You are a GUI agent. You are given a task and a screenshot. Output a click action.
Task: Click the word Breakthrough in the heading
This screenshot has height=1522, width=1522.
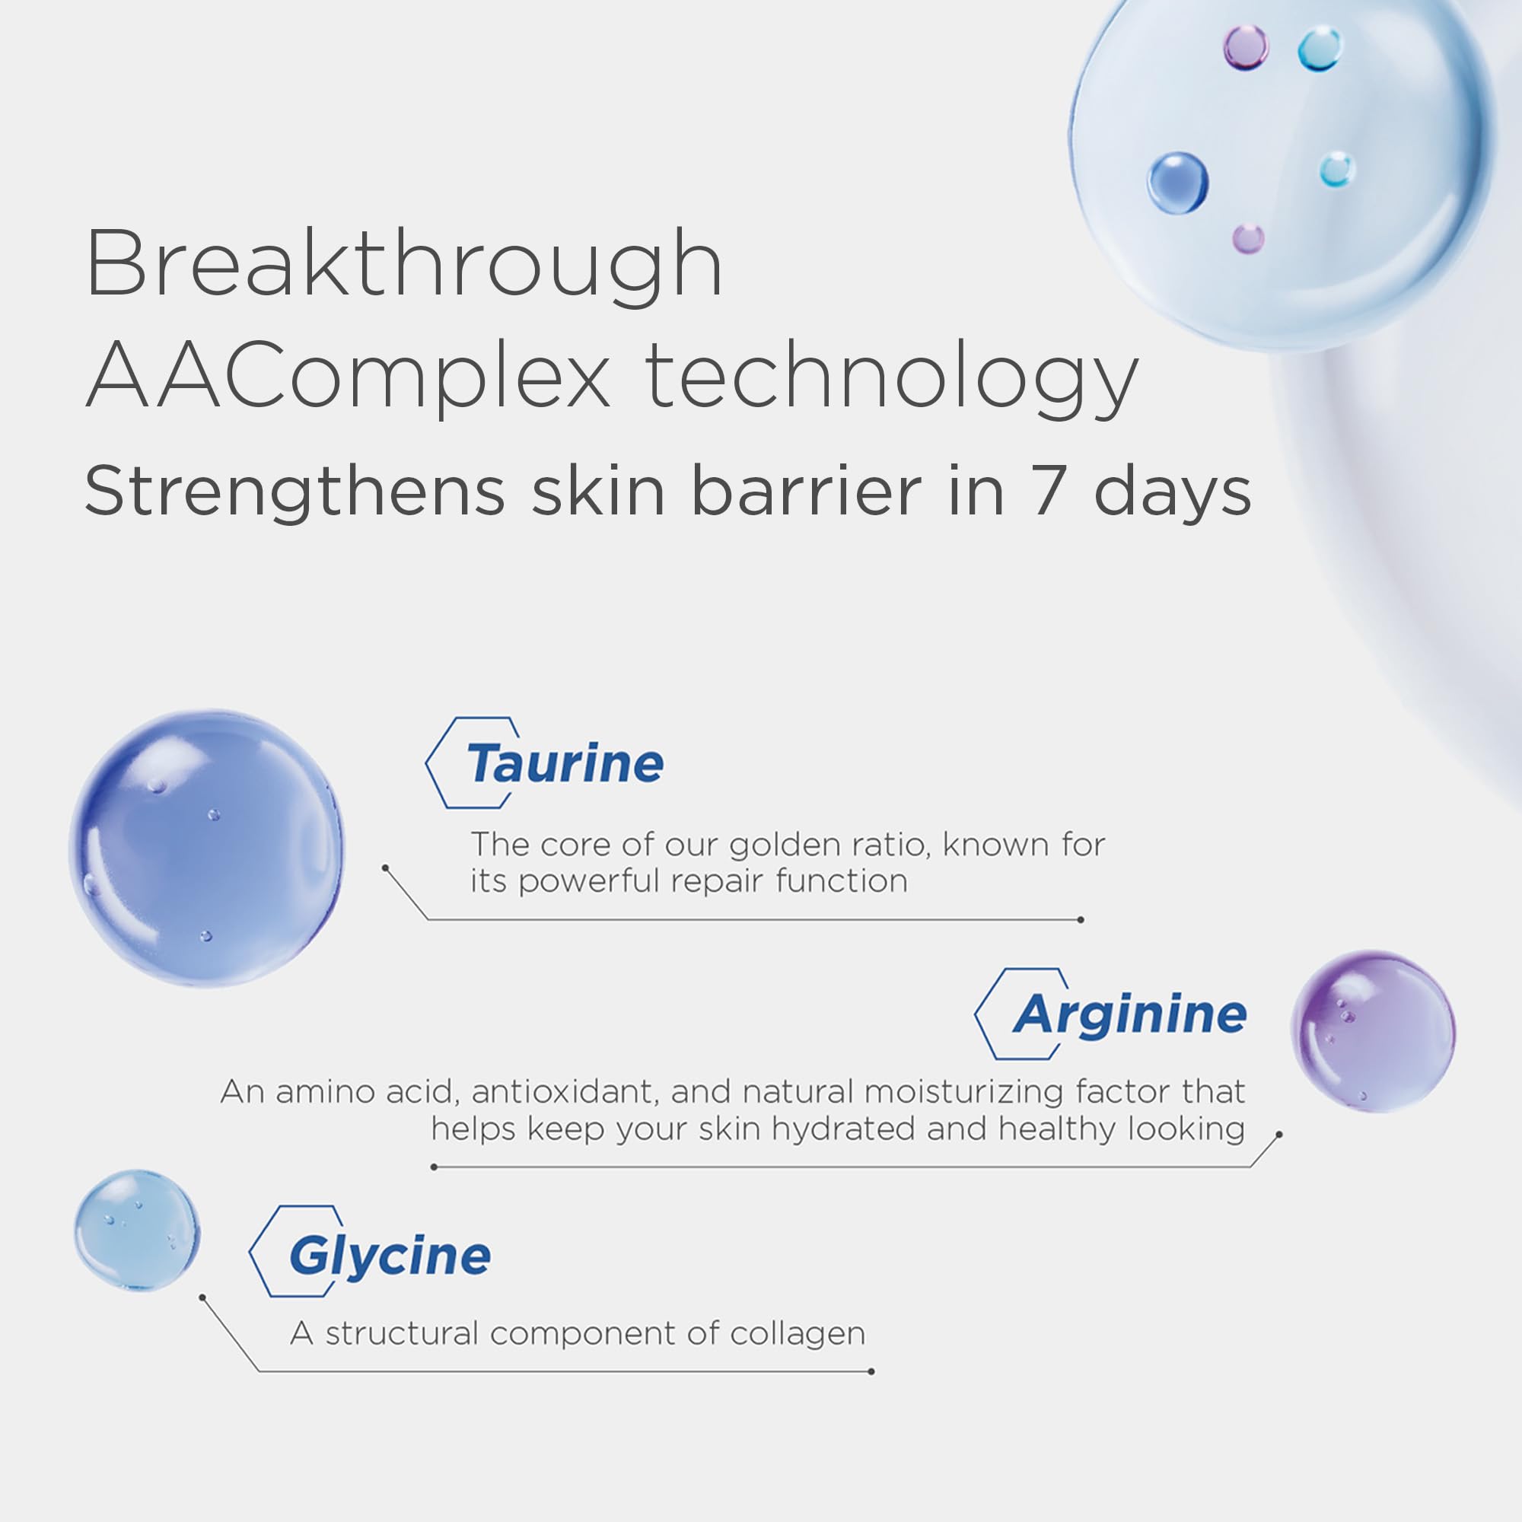pos(403,264)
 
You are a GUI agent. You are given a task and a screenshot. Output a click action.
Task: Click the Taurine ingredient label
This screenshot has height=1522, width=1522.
pos(564,763)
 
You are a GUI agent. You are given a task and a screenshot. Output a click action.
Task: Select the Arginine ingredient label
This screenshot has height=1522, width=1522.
pos(1129,1014)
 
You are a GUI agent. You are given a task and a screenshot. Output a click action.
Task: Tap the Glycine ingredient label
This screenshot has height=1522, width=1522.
pos(389,1256)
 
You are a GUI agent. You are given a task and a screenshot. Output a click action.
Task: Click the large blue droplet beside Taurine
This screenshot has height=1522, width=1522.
pos(206,848)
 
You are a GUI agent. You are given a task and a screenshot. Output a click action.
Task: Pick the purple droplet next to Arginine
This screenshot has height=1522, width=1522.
pos(1373,1031)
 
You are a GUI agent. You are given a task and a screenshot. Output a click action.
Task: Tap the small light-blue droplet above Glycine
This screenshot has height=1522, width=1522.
pos(137,1230)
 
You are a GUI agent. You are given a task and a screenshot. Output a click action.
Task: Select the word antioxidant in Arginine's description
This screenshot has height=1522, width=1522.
pos(564,1092)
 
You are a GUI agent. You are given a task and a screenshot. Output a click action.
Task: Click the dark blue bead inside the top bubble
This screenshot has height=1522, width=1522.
pos(1177,183)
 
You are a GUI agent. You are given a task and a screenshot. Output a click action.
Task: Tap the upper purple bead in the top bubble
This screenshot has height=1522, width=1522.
pos(1246,47)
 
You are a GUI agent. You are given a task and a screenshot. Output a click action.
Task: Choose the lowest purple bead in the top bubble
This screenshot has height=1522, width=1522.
pos(1248,238)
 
